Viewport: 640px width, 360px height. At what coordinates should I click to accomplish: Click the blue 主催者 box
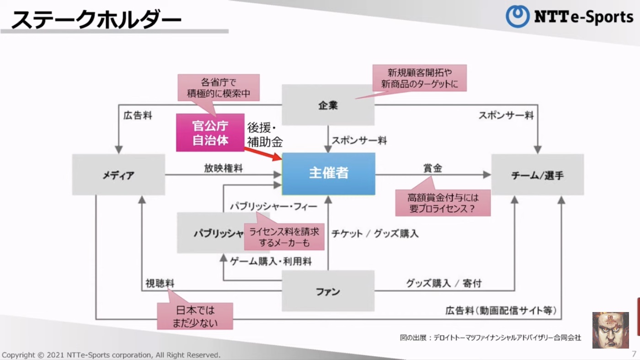tap(328, 174)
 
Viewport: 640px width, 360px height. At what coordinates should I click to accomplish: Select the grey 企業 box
tap(328, 105)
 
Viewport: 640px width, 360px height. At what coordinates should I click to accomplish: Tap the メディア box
tap(118, 175)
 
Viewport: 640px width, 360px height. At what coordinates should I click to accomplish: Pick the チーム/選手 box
tap(537, 175)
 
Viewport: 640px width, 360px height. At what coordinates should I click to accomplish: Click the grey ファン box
tap(328, 291)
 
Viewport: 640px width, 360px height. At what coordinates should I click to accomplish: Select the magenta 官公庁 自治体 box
tap(210, 132)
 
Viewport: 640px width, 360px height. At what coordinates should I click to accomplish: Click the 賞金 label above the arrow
tap(432, 168)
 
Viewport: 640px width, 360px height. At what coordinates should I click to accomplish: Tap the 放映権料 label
tap(223, 168)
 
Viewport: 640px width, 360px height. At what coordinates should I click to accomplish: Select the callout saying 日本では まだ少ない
tap(195, 316)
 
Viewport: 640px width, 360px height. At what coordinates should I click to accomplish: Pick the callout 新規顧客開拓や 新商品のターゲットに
tap(419, 78)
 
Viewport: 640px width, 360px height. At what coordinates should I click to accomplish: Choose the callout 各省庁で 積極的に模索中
tap(219, 88)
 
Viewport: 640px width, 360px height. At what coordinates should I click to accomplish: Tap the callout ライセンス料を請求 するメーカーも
tap(284, 237)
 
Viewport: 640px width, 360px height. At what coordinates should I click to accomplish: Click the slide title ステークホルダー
tap(96, 20)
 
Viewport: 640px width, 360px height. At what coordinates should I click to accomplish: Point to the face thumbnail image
tap(610, 330)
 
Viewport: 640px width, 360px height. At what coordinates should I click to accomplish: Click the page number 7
tap(634, 354)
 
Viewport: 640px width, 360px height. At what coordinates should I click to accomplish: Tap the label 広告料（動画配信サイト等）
tap(501, 311)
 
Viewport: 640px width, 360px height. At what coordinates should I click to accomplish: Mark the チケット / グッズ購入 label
tap(375, 233)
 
